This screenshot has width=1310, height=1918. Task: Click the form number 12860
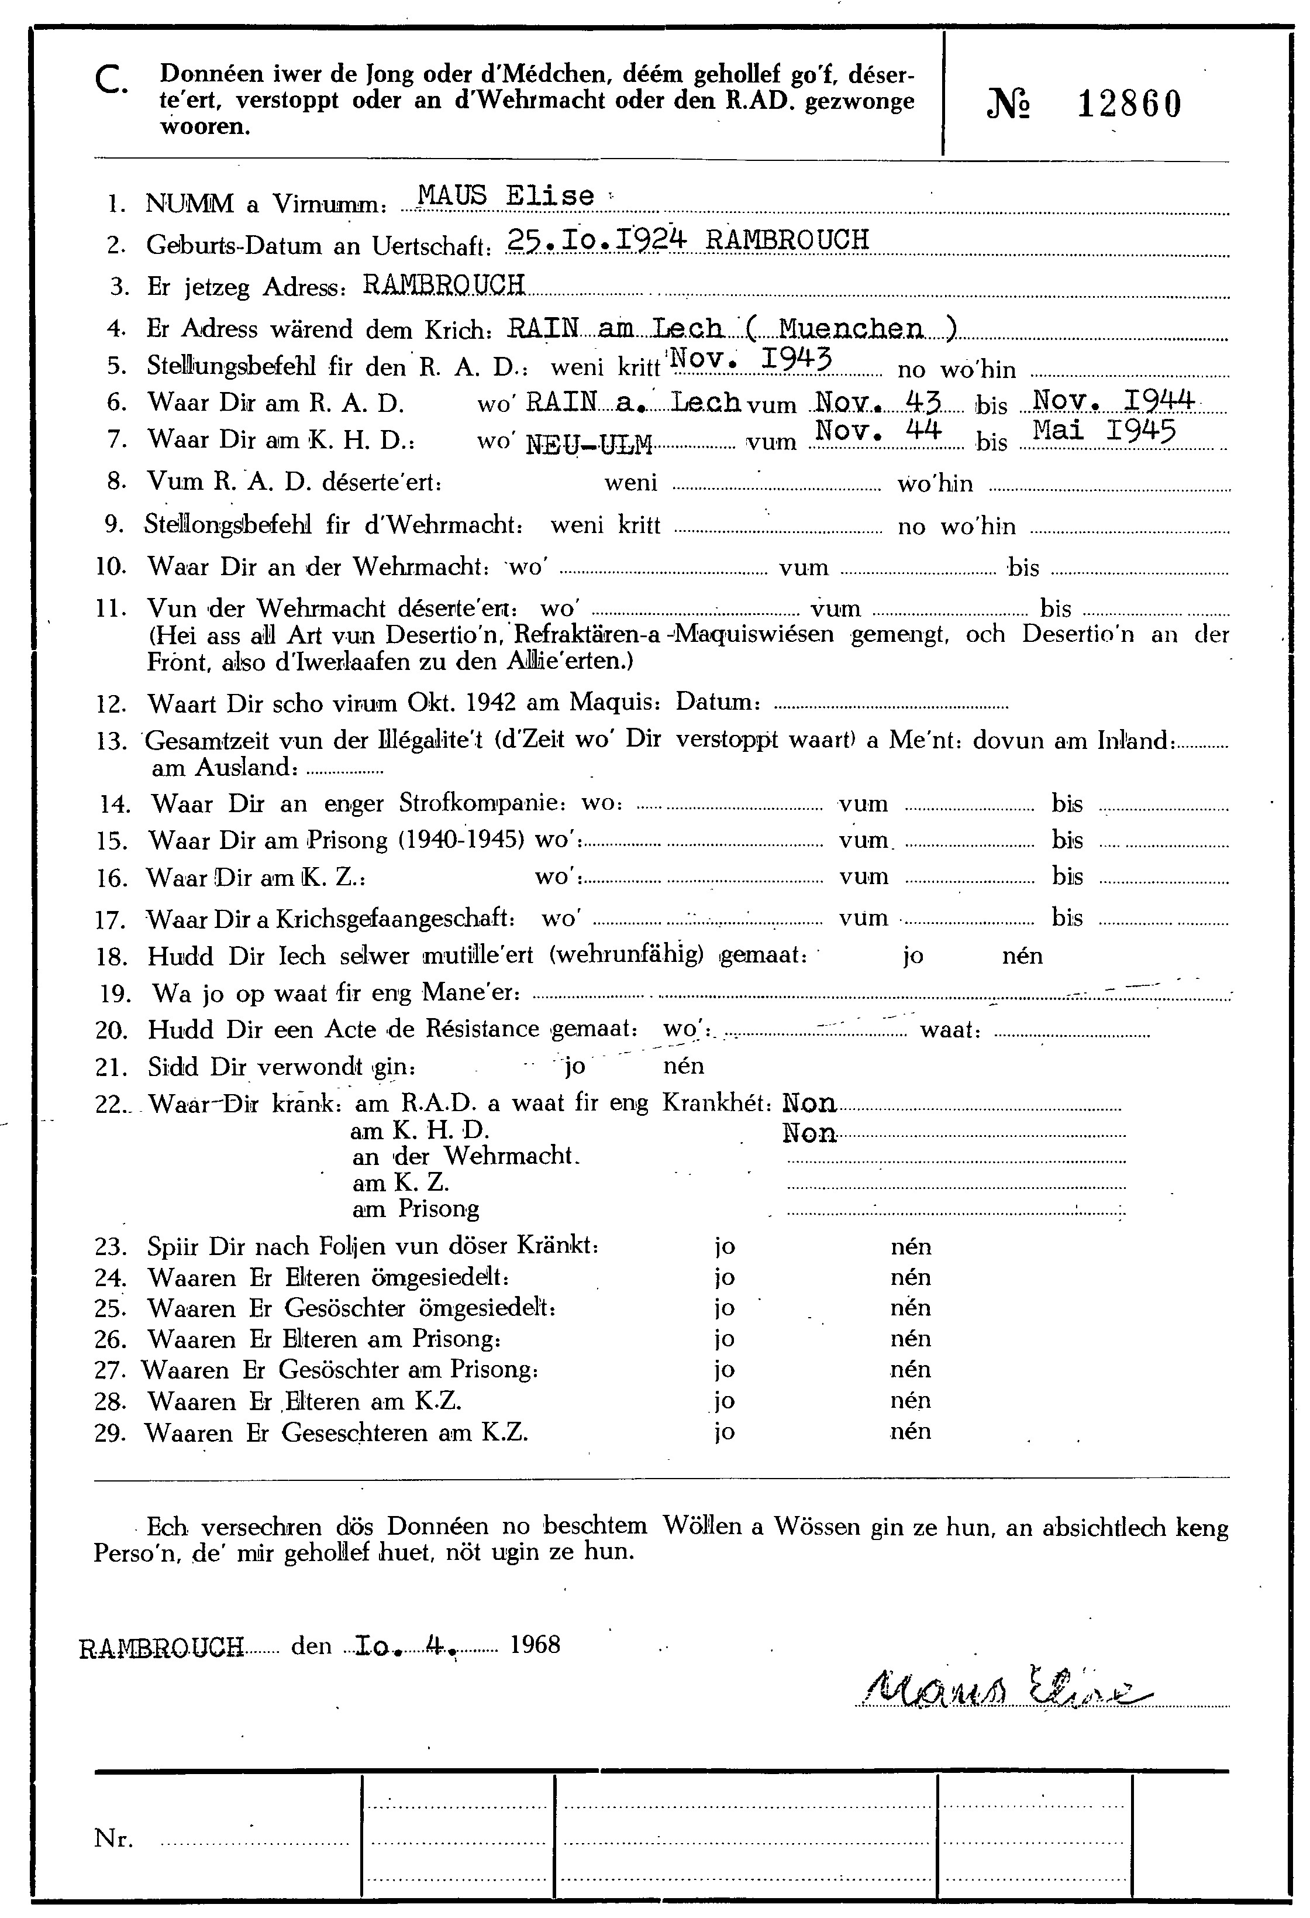pyautogui.click(x=1129, y=105)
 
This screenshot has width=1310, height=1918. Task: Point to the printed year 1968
pyautogui.click(x=535, y=1645)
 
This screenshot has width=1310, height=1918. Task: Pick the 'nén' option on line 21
pyautogui.click(x=683, y=1065)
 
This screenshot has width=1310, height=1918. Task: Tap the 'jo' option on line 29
pyautogui.click(x=724, y=1431)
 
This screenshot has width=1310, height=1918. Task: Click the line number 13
pyautogui.click(x=111, y=741)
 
